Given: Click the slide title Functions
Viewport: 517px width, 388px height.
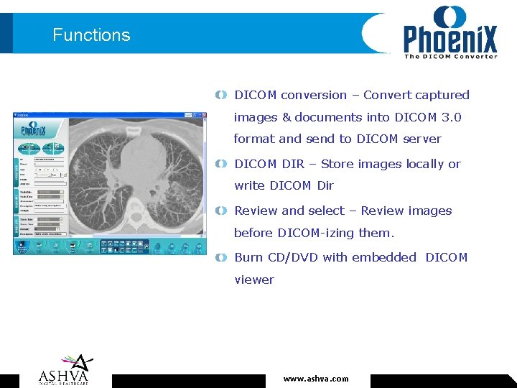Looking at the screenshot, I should coord(91,35).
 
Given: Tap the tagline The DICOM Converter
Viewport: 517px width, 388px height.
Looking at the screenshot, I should coord(450,57).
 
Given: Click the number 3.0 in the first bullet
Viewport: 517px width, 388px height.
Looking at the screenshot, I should coord(450,117).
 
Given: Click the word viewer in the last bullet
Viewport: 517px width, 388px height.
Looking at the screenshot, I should coord(254,280).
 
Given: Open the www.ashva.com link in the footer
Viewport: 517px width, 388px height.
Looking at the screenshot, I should coord(316,379).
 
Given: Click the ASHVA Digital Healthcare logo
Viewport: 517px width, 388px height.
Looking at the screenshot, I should coord(65,369).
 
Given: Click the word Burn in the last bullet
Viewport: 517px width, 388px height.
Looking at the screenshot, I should coord(248,257).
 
